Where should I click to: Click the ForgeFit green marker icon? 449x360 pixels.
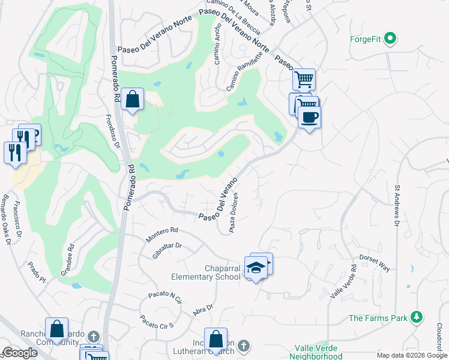coord(391,40)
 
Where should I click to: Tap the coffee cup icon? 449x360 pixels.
coord(309,116)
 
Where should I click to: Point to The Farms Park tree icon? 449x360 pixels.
coord(415,317)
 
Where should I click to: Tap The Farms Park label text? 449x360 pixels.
coord(377,318)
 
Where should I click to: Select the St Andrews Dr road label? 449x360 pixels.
coord(397,205)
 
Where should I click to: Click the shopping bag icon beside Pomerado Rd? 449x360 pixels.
coord(133,100)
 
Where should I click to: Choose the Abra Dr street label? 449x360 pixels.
coord(203,310)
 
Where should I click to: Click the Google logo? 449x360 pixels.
coord(20,353)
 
